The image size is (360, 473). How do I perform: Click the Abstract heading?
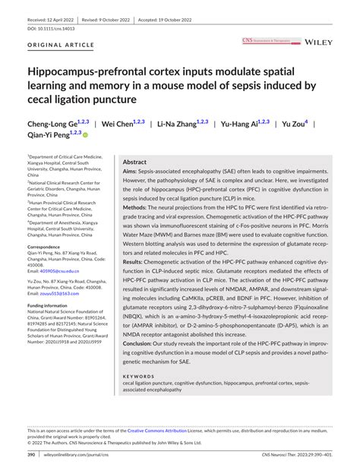click(134, 162)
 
